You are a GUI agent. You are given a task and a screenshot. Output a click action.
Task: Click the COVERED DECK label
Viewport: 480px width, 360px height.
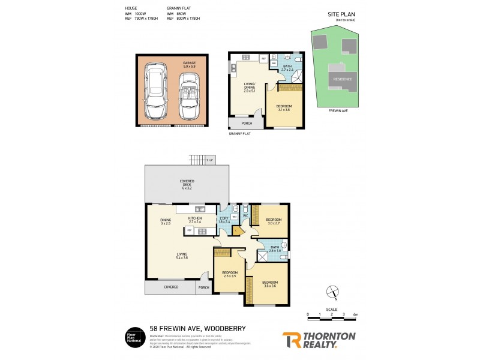click(186, 184)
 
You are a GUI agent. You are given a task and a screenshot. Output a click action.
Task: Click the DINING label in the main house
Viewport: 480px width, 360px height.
click(165, 221)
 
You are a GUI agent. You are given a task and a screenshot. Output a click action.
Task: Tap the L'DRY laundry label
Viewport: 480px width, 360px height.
click(224, 219)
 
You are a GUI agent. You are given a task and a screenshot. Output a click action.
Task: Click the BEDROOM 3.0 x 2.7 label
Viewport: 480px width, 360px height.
click(274, 221)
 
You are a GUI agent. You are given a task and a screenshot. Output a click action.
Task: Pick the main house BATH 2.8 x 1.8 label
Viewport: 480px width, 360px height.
click(275, 248)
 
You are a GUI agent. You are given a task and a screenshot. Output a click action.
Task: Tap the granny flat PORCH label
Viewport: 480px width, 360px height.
click(247, 124)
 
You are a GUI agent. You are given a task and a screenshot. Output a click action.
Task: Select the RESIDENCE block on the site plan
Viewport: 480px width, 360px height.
click(343, 79)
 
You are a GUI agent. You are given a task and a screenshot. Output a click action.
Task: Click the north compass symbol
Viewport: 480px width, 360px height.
click(332, 293)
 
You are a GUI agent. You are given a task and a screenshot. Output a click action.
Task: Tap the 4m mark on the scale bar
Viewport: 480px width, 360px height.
click(356, 314)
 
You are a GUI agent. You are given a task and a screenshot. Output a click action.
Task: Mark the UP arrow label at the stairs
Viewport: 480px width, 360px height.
click(211, 160)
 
